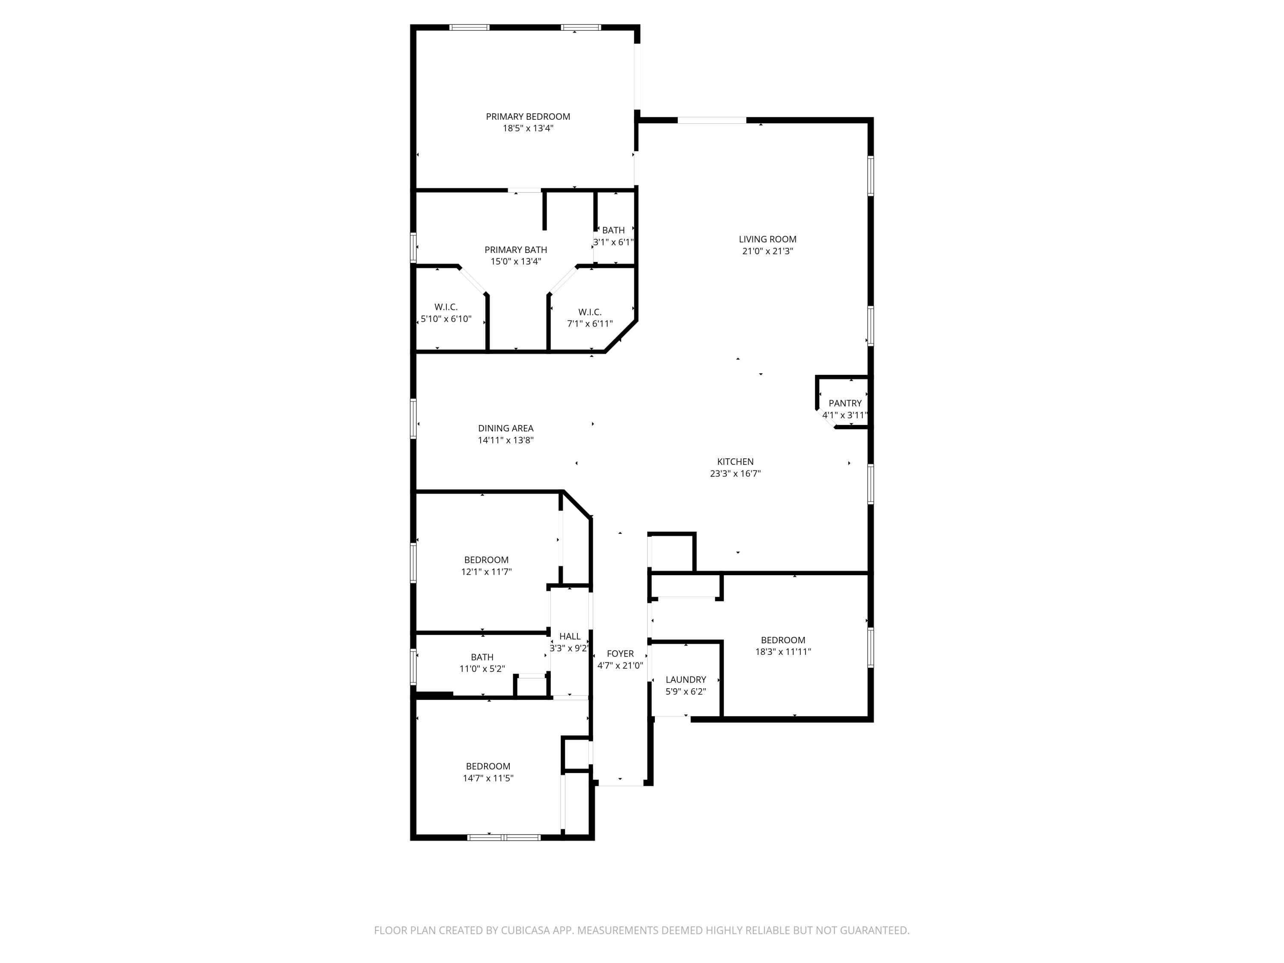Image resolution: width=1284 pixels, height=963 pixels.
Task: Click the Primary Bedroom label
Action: tap(528, 117)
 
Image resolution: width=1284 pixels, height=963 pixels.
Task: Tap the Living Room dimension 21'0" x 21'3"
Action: tap(767, 251)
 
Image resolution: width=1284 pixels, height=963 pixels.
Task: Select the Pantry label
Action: tap(844, 403)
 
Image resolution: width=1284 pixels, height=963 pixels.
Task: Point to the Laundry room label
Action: tap(686, 679)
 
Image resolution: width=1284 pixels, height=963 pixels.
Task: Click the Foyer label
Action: tap(620, 654)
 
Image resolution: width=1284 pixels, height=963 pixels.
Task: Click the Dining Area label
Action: tap(505, 428)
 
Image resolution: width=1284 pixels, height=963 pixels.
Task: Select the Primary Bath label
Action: tap(515, 250)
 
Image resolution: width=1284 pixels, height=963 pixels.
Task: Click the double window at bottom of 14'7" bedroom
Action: tap(504, 838)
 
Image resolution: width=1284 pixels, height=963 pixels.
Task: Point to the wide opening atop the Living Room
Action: tap(712, 120)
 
